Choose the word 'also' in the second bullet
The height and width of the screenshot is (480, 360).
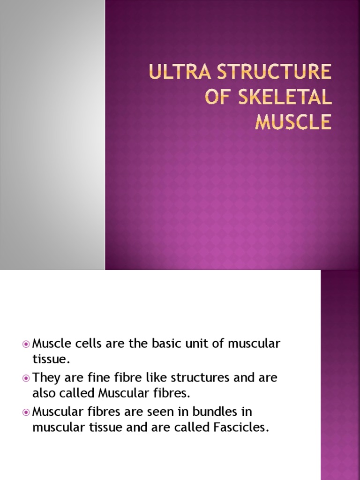tap(44, 393)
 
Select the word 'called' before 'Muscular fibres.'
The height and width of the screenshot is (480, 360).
tap(77, 393)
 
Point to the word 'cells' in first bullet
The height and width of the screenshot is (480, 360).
tap(81, 344)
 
